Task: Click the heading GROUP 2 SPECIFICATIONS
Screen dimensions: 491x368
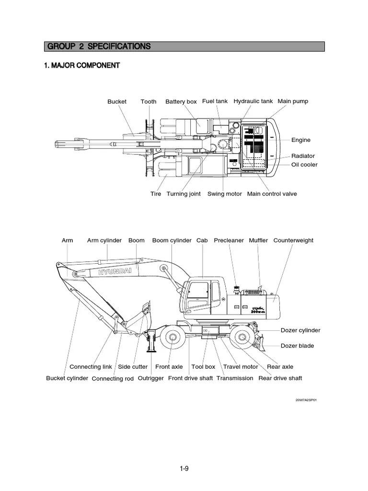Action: pyautogui.click(x=99, y=47)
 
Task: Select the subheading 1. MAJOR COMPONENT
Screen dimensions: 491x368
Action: pyautogui.click(x=81, y=65)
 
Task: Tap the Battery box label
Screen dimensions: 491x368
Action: pyautogui.click(x=181, y=102)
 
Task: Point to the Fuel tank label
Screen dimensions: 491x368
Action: pyautogui.click(x=215, y=101)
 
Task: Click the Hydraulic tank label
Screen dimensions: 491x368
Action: pyautogui.click(x=253, y=101)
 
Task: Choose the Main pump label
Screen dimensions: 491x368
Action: pyautogui.click(x=293, y=101)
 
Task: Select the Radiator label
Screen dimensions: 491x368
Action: pyautogui.click(x=303, y=156)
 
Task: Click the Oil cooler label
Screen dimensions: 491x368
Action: pyautogui.click(x=304, y=164)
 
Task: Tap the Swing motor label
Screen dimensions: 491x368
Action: pyautogui.click(x=224, y=194)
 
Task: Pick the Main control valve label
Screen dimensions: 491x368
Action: pyautogui.click(x=272, y=194)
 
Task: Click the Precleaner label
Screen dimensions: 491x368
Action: pyautogui.click(x=229, y=240)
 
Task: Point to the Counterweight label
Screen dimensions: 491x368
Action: pyautogui.click(x=293, y=240)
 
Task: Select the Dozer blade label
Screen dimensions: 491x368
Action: pyautogui.click(x=297, y=346)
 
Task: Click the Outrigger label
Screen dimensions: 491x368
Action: pyautogui.click(x=151, y=378)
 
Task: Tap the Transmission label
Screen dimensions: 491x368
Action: pyautogui.click(x=235, y=378)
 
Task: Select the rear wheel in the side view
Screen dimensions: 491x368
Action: pyautogui.click(x=243, y=339)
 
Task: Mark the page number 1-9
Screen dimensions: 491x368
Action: pyautogui.click(x=184, y=469)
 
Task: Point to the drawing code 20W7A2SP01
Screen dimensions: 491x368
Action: pyautogui.click(x=306, y=399)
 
